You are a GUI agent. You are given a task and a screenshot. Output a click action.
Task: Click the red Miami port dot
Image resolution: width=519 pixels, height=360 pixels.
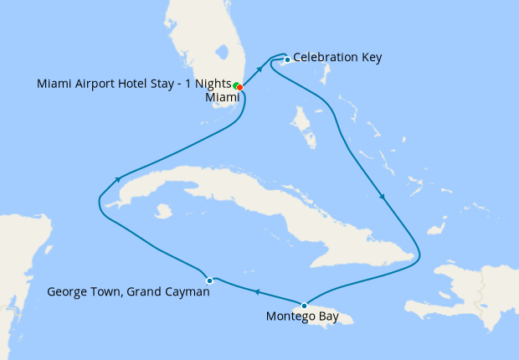(x=240, y=87)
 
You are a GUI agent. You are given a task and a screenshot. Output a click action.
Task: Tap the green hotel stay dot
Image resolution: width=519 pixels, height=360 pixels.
(x=236, y=85)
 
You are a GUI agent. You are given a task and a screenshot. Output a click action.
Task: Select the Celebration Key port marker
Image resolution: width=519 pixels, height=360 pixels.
(x=286, y=59)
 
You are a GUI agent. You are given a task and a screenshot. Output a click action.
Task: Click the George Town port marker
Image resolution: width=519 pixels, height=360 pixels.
(x=209, y=280)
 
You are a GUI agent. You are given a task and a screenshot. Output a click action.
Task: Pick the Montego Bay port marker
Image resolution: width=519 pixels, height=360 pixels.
(x=304, y=304)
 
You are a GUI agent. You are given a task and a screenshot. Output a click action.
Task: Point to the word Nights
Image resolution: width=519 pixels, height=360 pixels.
(x=211, y=84)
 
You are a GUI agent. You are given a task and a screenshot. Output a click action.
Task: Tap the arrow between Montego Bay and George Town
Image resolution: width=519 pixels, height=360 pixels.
(x=256, y=292)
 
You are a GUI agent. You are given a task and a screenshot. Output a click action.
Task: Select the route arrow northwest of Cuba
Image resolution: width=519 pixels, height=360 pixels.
(x=120, y=178)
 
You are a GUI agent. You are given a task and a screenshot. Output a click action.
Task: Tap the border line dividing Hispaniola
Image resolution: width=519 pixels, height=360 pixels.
(x=480, y=293)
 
